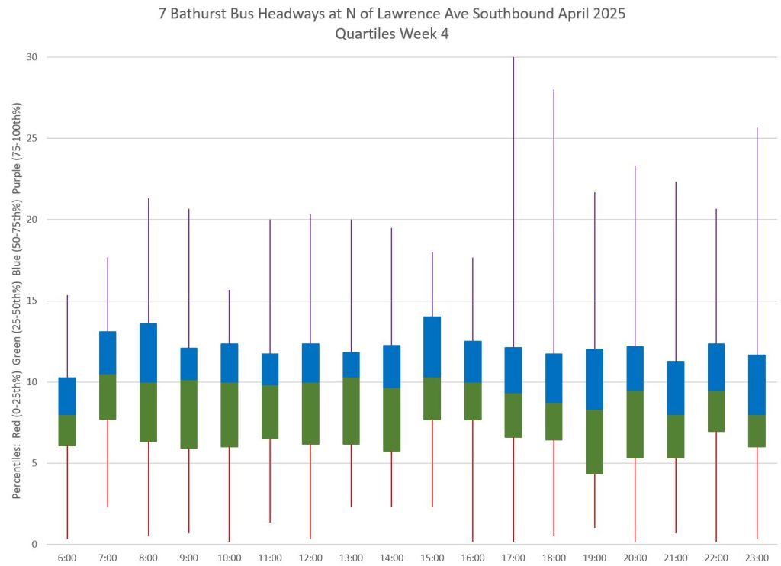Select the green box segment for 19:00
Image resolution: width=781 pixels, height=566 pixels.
coord(595,442)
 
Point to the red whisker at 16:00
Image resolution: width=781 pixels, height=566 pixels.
coord(473,481)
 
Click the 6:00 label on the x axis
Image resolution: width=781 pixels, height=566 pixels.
coord(67,558)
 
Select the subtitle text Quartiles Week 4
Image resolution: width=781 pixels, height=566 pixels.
coord(390,34)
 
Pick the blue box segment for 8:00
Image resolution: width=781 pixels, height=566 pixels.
coord(148,352)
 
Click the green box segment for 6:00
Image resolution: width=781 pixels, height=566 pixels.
coord(67,430)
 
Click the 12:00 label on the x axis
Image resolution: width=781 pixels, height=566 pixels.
coord(310,558)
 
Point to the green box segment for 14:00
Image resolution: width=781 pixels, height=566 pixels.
coord(392,419)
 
